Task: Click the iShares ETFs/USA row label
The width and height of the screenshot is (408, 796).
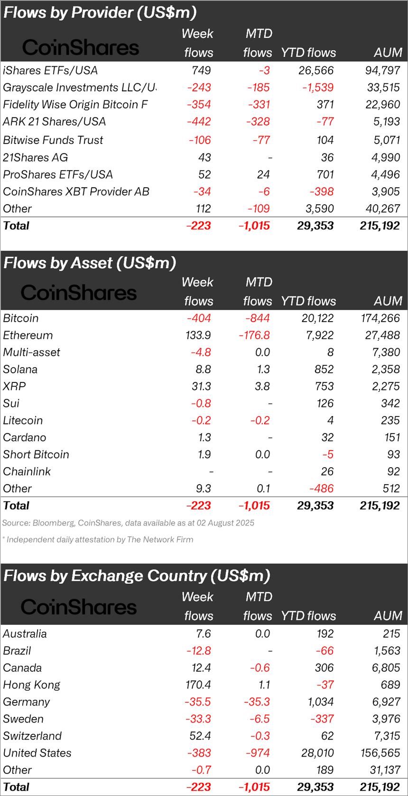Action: [x=50, y=71]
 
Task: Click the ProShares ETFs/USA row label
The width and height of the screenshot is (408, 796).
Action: [x=58, y=175]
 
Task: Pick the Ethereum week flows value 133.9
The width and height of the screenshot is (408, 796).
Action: [x=199, y=335]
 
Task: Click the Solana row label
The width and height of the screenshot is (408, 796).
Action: [x=20, y=370]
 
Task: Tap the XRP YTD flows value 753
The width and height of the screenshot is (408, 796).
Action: [x=325, y=387]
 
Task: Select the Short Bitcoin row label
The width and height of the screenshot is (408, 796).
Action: [x=36, y=455]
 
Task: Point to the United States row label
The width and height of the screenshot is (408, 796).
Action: [x=37, y=753]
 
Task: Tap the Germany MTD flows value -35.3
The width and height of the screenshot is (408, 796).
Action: [x=256, y=702]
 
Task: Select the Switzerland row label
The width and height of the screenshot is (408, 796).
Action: [x=32, y=736]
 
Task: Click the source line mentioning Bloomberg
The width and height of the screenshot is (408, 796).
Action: [x=128, y=523]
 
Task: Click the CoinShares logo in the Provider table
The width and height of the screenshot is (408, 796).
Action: [x=81, y=47]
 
